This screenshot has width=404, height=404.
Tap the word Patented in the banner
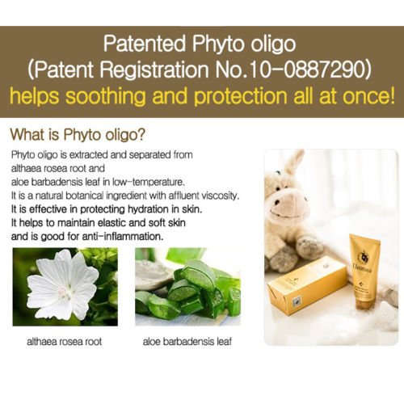point(145,44)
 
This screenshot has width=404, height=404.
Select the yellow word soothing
point(106,96)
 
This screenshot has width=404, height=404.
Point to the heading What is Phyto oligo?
point(78,134)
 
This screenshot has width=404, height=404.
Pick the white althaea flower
point(62,285)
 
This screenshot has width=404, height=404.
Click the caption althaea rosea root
point(65,342)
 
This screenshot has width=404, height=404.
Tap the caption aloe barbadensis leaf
point(187,342)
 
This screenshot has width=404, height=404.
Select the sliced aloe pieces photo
point(187,287)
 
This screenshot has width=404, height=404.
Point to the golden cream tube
point(364,273)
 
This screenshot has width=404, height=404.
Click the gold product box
point(308,289)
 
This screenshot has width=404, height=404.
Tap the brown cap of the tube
point(366,305)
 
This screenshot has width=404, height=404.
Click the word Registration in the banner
point(154,70)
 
